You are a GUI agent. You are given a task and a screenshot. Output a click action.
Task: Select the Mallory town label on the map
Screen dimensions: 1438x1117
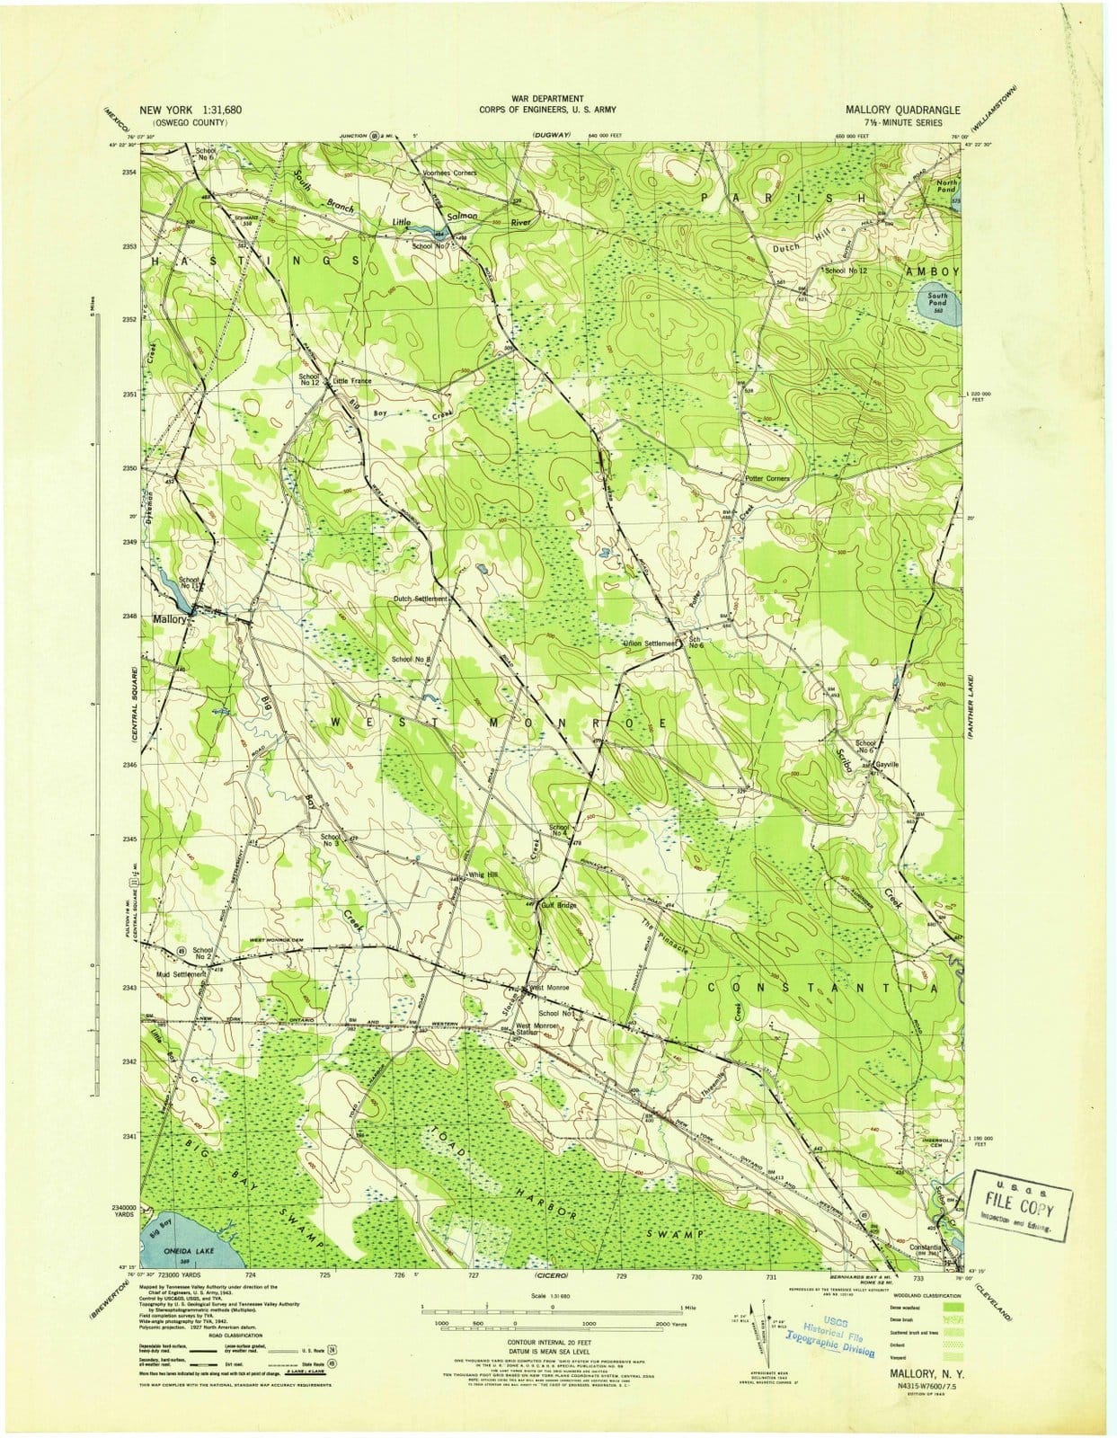170,619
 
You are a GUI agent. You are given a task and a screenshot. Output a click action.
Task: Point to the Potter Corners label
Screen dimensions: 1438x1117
767,479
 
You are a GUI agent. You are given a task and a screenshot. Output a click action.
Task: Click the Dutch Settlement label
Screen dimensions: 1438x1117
419,599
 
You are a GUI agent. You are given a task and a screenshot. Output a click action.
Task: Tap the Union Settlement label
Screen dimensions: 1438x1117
649,644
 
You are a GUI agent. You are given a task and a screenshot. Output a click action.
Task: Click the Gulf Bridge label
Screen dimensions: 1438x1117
558,905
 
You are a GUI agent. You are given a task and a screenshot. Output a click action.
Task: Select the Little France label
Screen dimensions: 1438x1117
351,381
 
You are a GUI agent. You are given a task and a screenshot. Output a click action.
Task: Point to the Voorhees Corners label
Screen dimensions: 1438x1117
450,173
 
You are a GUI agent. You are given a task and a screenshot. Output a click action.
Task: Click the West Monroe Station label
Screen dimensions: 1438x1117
536,1029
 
